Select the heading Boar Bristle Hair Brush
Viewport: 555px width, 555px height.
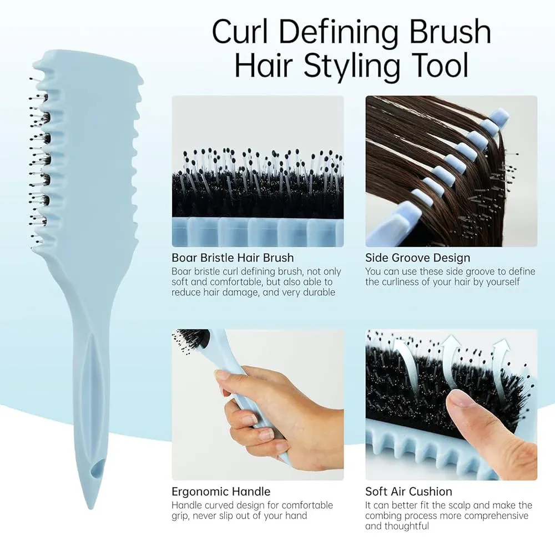point(233,258)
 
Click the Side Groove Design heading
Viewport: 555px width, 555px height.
point(417,258)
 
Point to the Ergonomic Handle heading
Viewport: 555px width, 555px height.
point(221,492)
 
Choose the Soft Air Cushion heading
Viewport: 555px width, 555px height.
point(408,492)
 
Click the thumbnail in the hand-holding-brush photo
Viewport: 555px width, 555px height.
point(222,375)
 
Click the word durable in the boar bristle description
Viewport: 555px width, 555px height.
point(317,292)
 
